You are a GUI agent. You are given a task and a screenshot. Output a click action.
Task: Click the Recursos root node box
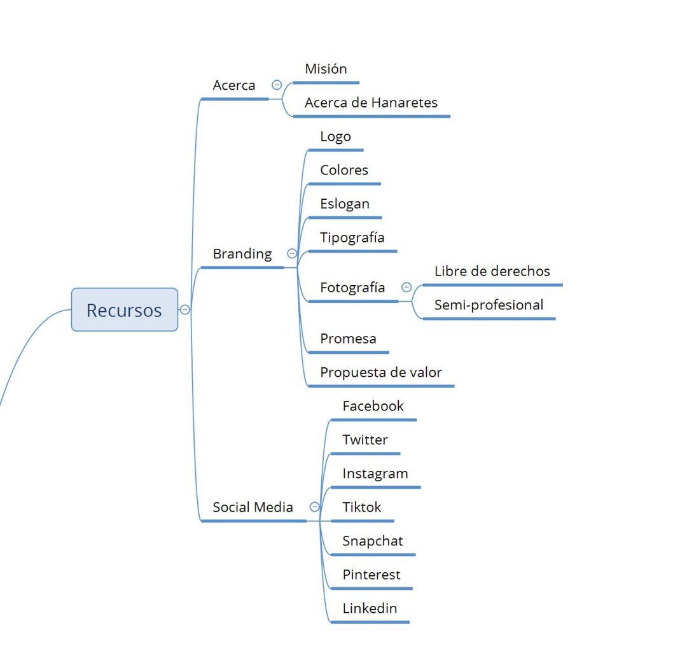tap(124, 310)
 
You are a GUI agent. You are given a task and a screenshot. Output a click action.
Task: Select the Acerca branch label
tap(234, 85)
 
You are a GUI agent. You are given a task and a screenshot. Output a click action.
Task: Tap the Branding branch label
tap(242, 254)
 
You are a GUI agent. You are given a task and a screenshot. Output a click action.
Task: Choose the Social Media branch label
tap(253, 507)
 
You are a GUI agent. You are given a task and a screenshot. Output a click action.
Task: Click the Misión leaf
tap(326, 69)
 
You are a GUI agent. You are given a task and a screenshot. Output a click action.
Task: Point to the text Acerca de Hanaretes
tap(371, 102)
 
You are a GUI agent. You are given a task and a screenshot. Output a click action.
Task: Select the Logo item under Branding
tap(335, 136)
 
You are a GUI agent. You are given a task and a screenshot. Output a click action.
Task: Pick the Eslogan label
tap(345, 204)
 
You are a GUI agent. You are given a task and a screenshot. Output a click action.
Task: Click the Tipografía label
tap(352, 237)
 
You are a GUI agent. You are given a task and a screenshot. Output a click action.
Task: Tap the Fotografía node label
tap(352, 288)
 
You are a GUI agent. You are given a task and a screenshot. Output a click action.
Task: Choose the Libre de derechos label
tap(492, 271)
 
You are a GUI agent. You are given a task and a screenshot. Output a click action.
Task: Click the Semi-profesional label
tap(489, 305)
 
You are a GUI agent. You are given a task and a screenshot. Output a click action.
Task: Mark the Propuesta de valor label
tap(380, 372)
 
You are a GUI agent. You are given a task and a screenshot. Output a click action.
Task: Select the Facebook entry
tap(373, 406)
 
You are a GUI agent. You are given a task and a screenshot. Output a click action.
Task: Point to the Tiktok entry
tap(362, 507)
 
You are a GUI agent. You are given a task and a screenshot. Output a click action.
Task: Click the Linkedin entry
tap(370, 608)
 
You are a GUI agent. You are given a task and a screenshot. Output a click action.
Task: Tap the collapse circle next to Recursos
tap(185, 310)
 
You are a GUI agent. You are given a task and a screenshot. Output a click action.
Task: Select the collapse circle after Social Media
tap(314, 507)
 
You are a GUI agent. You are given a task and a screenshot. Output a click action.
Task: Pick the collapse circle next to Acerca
tap(277, 85)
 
